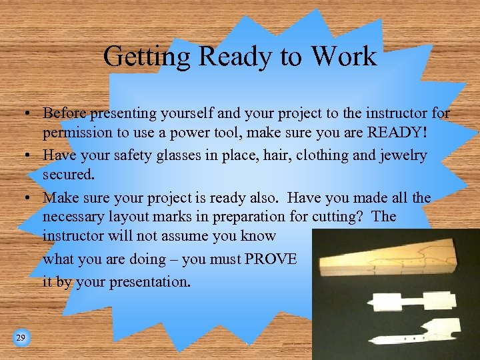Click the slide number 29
pos(21,338)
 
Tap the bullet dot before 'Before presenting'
pos(31,114)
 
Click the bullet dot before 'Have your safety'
pos(31,156)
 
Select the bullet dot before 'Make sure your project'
pos(31,198)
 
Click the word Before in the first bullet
pos(64,113)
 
